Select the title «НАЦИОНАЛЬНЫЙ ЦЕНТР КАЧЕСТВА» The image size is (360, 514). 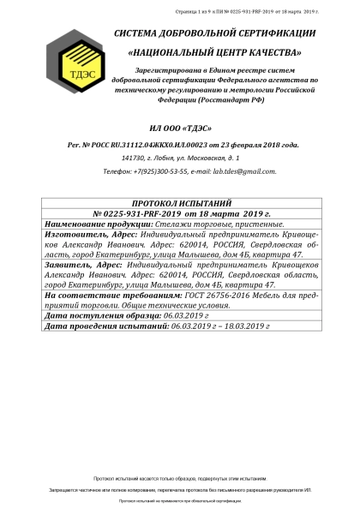(214, 52)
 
